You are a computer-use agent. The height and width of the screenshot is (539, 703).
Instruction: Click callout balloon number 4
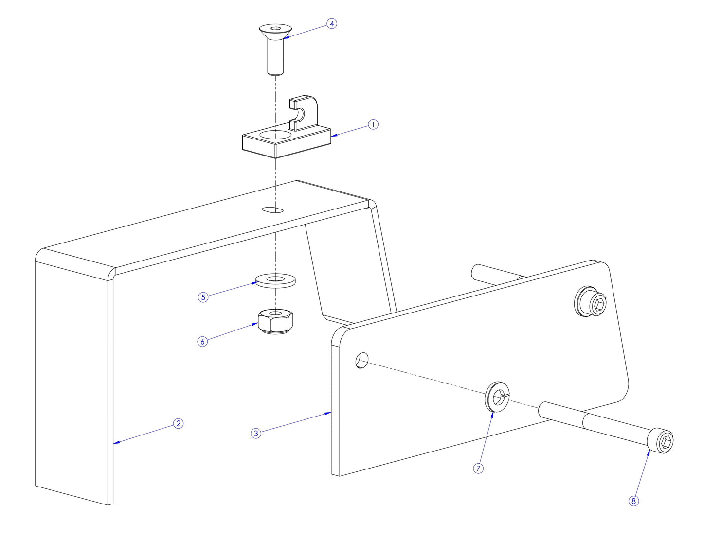point(331,23)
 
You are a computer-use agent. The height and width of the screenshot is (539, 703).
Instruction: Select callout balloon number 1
point(373,124)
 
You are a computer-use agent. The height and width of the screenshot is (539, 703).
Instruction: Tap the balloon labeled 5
point(203,297)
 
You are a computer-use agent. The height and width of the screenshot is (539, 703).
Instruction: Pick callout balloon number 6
point(203,341)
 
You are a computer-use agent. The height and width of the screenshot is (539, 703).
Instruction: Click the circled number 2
point(179,423)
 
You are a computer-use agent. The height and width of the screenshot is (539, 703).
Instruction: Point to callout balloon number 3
point(256,433)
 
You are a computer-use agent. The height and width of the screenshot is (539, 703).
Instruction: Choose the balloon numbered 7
point(478,468)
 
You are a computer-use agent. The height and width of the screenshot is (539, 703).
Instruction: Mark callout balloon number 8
point(633,501)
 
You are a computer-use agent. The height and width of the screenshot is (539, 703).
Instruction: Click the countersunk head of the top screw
point(275,31)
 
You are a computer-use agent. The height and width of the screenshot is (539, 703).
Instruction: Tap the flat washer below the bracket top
point(276,280)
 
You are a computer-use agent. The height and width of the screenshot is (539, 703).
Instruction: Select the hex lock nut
point(275,321)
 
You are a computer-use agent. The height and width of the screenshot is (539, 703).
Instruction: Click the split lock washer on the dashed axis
point(497,397)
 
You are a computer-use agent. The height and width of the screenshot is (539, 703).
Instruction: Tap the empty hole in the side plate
point(361,361)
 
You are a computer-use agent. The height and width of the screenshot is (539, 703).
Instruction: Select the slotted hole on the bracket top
point(272,209)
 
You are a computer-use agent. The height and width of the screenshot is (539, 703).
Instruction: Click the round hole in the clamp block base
point(275,134)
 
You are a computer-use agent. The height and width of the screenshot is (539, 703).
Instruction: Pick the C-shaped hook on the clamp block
point(304,113)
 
